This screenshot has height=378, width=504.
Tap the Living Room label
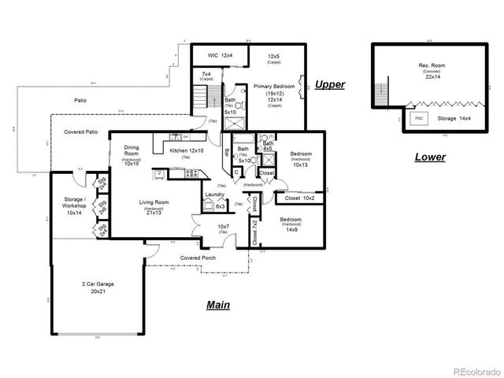pyautogui.click(x=155, y=207)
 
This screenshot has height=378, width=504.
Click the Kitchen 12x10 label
pyautogui.click(x=184, y=150)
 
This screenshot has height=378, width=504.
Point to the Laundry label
pyautogui.click(x=215, y=195)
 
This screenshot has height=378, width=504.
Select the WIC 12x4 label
pyautogui.click(x=220, y=56)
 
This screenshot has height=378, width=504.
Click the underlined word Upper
pyautogui.click(x=330, y=84)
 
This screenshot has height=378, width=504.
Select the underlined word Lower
pyautogui.click(x=430, y=157)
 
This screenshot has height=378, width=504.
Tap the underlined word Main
pyautogui.click(x=218, y=305)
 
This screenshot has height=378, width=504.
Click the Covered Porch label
pyautogui.click(x=198, y=258)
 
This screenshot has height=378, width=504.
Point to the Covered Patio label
pyautogui.click(x=81, y=132)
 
